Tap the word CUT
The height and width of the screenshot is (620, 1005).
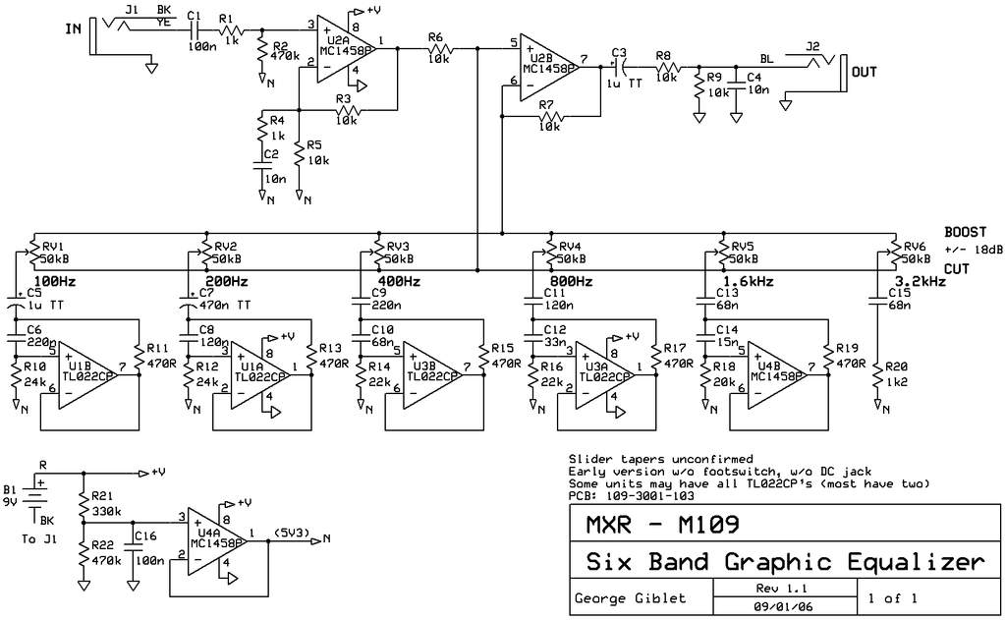(958, 268)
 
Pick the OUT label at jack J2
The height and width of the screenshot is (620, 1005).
(865, 72)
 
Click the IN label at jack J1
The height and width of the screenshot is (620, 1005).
(74, 28)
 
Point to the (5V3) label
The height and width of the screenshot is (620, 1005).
(293, 534)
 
